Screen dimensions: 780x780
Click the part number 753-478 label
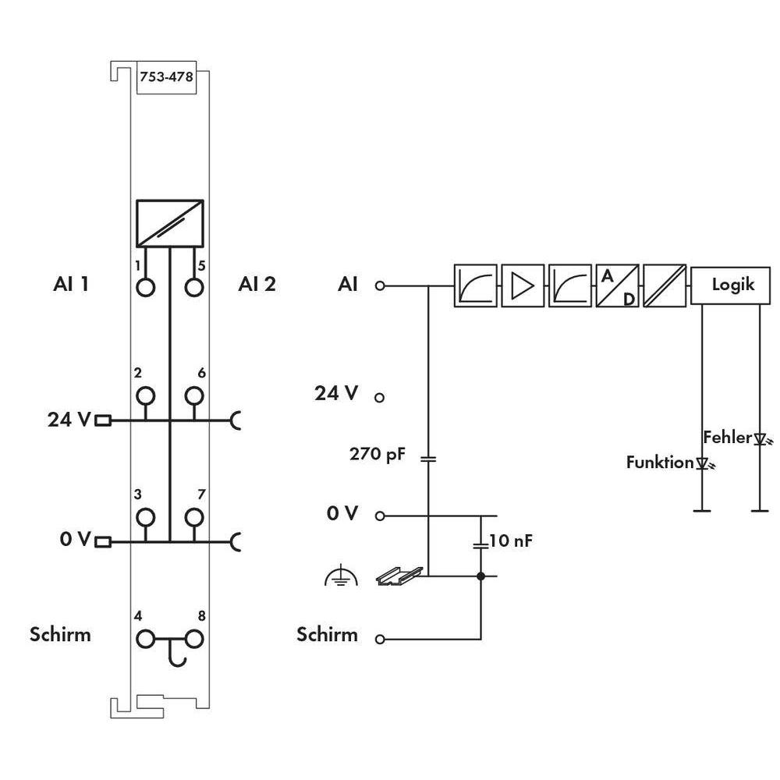pyautogui.click(x=166, y=76)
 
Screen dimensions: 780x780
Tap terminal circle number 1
pyautogui.click(x=145, y=287)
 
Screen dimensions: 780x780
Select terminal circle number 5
pyautogui.click(x=194, y=287)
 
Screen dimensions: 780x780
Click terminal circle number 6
pyautogui.click(x=194, y=396)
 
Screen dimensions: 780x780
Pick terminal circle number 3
pyautogui.click(x=145, y=517)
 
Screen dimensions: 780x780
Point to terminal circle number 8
pyautogui.click(x=194, y=639)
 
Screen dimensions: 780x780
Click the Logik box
pyautogui.click(x=730, y=285)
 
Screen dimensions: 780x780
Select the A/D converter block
pyautogui.click(x=617, y=285)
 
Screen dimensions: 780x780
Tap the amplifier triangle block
pyautogui.click(x=523, y=285)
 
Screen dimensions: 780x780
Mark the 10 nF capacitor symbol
pyautogui.click(x=480, y=544)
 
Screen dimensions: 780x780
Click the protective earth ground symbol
pyautogui.click(x=341, y=576)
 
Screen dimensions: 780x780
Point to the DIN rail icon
pyautogui.click(x=399, y=576)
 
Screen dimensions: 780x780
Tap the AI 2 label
pyautogui.click(x=257, y=284)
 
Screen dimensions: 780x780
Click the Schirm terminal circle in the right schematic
pyautogui.click(x=380, y=640)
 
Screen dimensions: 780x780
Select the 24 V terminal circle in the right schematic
pyautogui.click(x=380, y=398)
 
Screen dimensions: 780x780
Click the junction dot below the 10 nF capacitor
pyautogui.click(x=480, y=576)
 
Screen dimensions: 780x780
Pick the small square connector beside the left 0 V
pyautogui.click(x=102, y=542)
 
